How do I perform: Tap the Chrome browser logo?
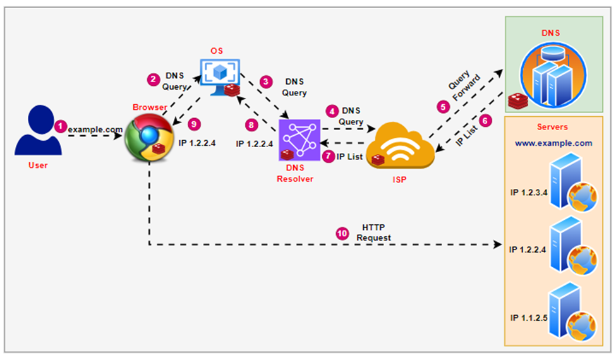click(146, 137)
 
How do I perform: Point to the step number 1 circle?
click(60, 126)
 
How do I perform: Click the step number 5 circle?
click(443, 107)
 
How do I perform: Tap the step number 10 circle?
click(342, 232)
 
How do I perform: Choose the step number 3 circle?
click(266, 81)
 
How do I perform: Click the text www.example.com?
click(553, 143)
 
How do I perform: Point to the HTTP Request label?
click(373, 232)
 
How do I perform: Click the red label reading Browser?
click(150, 107)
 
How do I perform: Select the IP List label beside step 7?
click(350, 157)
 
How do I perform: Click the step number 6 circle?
click(485, 119)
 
